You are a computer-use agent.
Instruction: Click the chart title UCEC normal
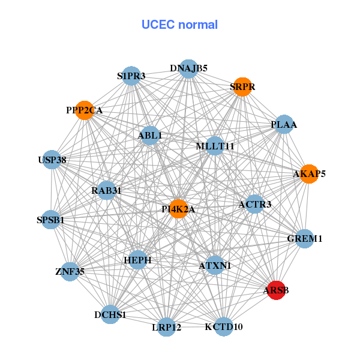click(179, 25)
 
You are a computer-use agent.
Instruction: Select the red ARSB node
click(276, 290)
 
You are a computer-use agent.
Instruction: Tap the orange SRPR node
click(242, 87)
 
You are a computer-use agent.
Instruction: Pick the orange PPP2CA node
click(85, 110)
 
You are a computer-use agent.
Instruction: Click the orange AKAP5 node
click(309, 174)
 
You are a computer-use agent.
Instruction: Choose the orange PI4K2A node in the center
click(178, 209)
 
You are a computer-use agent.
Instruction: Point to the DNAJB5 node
click(188, 68)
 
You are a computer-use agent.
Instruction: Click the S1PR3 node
click(131, 76)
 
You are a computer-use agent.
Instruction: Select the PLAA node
click(284, 125)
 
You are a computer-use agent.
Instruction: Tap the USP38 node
click(52, 160)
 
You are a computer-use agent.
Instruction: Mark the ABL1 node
click(150, 136)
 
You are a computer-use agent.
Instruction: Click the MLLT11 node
click(215, 146)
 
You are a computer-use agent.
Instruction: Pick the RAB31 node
click(107, 191)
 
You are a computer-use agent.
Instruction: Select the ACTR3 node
click(255, 204)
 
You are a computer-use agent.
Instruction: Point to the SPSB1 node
click(51, 220)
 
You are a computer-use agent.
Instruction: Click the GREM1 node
click(305, 238)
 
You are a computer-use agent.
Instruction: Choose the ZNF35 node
click(70, 272)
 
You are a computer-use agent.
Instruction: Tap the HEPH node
click(138, 260)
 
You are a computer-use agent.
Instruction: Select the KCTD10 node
click(223, 326)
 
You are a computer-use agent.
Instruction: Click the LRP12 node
click(167, 328)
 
